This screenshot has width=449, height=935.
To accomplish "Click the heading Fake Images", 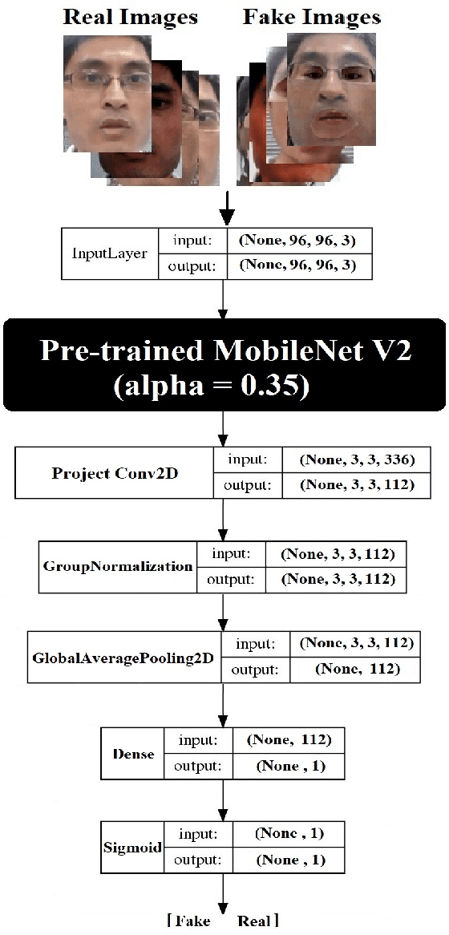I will point(312,16).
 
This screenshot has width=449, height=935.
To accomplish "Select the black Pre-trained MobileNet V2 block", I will point(224,365).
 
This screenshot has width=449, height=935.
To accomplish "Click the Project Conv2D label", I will point(115,472).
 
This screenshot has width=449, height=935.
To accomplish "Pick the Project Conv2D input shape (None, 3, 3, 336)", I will point(357,460).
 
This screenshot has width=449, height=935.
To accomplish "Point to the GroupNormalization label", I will point(118,565).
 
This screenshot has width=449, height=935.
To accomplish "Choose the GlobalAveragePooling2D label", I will point(124,657).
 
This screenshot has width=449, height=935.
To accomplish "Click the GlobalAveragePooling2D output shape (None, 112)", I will point(358,669).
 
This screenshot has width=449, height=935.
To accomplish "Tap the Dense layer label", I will point(133,754).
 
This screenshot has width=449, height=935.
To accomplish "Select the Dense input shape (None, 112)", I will point(289,740).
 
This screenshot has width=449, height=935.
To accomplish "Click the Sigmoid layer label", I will point(132,848).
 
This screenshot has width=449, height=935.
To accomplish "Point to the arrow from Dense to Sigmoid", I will point(224,799).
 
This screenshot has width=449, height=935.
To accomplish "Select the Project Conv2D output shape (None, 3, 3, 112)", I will point(357,484).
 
